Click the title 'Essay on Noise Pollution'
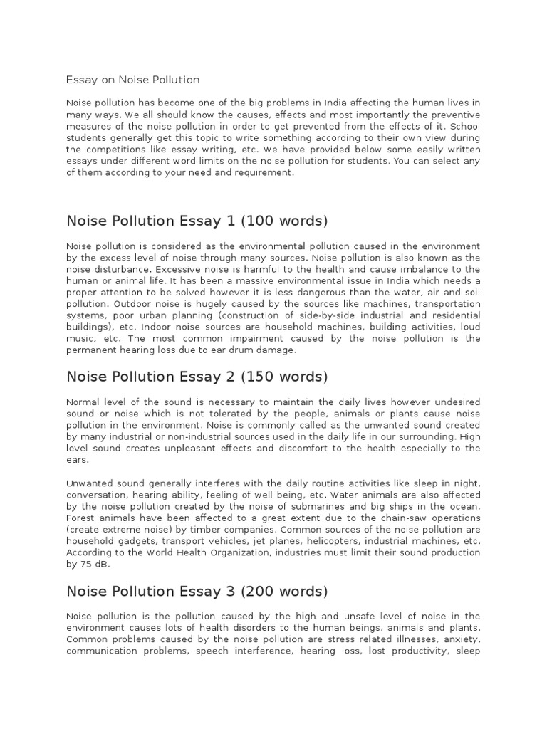click(x=132, y=80)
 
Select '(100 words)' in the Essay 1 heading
click(x=285, y=221)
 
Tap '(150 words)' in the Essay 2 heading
click(x=285, y=376)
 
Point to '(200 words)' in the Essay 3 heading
click(x=285, y=592)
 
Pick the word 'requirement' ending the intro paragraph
click(x=261, y=172)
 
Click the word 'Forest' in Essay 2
click(x=81, y=518)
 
